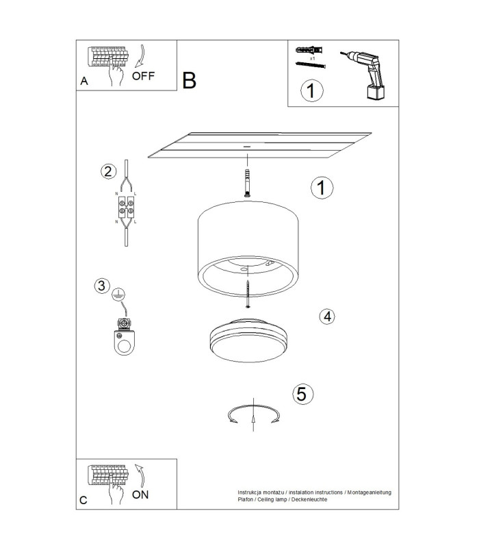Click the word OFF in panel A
(x=143, y=76)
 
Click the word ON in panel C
(x=140, y=495)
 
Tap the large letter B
(x=190, y=80)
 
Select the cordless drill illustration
(x=364, y=75)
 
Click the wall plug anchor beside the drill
(x=309, y=50)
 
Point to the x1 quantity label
(x=312, y=58)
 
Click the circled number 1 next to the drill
(x=312, y=90)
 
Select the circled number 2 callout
(x=109, y=172)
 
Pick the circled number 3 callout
(x=102, y=286)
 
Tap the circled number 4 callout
(x=327, y=316)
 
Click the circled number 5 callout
(x=302, y=394)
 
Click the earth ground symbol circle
(x=118, y=295)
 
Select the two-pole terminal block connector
(x=126, y=207)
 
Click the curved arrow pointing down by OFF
(x=140, y=56)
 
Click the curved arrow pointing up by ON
(x=140, y=475)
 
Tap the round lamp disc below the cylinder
(x=248, y=340)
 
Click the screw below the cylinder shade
(x=248, y=294)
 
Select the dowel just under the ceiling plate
(x=247, y=183)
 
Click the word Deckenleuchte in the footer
(x=309, y=499)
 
